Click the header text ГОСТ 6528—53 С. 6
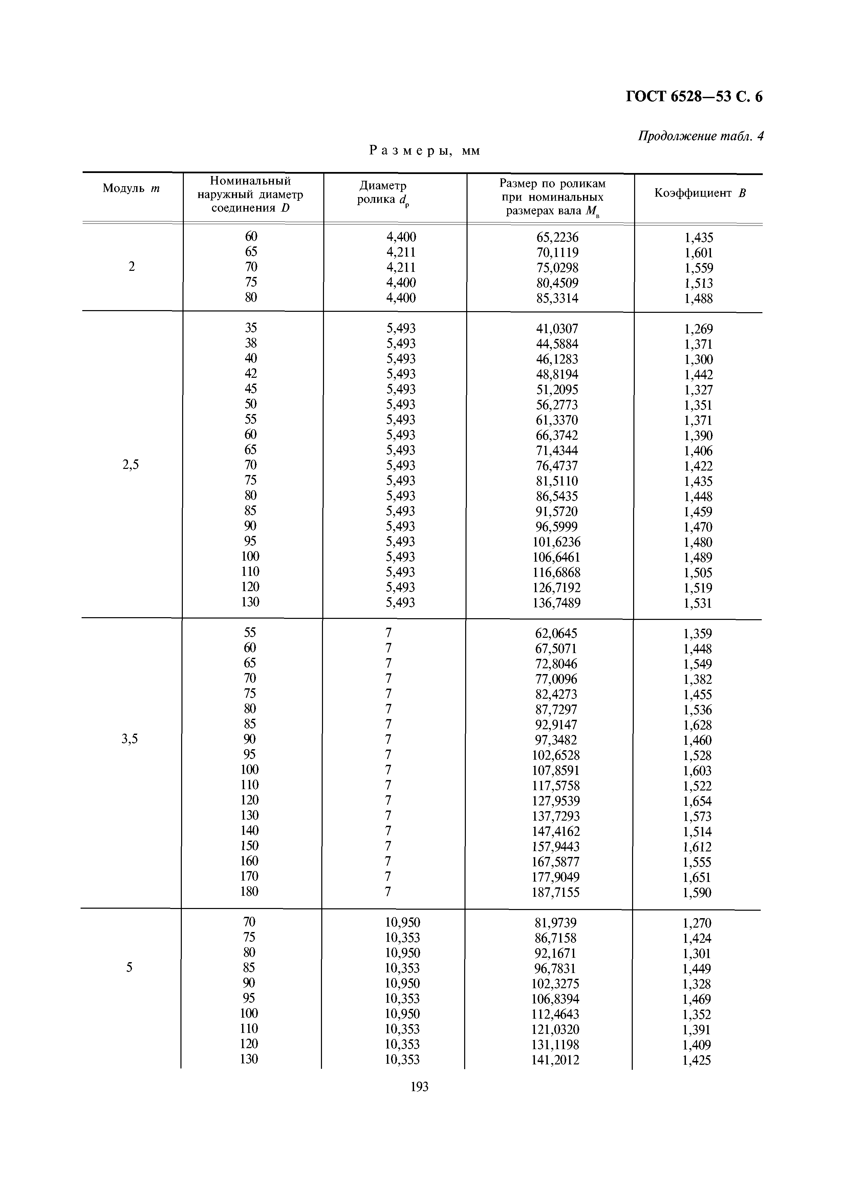tap(694, 97)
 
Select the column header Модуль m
tap(131, 188)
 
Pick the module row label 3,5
tap(130, 739)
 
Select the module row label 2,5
tap(130, 465)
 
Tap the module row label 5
tap(129, 967)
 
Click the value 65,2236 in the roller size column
tap(557, 237)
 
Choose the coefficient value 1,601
tap(698, 253)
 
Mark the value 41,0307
tap(557, 328)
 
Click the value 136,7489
tap(557, 603)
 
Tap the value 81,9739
tap(556, 923)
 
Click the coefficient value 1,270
tap(697, 923)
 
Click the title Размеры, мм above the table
tap(425, 151)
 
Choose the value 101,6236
tap(557, 542)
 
